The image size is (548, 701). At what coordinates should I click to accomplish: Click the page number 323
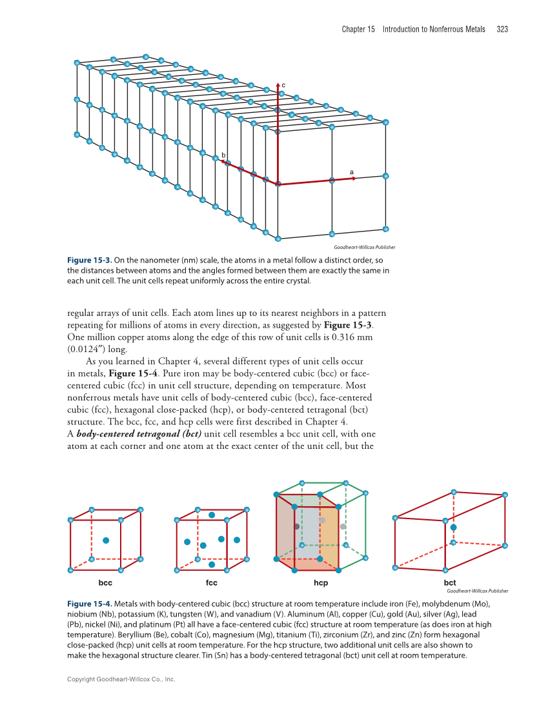click(x=502, y=29)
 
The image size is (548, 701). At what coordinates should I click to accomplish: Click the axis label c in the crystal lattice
click(x=283, y=84)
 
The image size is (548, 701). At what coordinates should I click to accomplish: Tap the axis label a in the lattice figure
click(x=351, y=172)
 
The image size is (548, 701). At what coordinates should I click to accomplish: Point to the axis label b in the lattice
click(x=223, y=155)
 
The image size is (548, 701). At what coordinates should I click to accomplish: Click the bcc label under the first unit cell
click(x=105, y=583)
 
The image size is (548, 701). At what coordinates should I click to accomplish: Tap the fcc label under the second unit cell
click(x=211, y=583)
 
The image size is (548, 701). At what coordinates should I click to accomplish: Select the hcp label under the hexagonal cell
click(x=321, y=583)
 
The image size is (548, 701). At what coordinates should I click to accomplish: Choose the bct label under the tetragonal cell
click(x=450, y=583)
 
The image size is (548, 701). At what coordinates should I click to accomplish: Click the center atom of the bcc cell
click(x=106, y=540)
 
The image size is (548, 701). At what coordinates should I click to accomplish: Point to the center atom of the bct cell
click(x=454, y=528)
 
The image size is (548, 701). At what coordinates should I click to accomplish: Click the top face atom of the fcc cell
click(x=212, y=515)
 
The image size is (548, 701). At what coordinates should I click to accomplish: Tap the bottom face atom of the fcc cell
click(x=212, y=564)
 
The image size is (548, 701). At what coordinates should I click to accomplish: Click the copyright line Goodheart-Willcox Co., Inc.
click(x=121, y=679)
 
